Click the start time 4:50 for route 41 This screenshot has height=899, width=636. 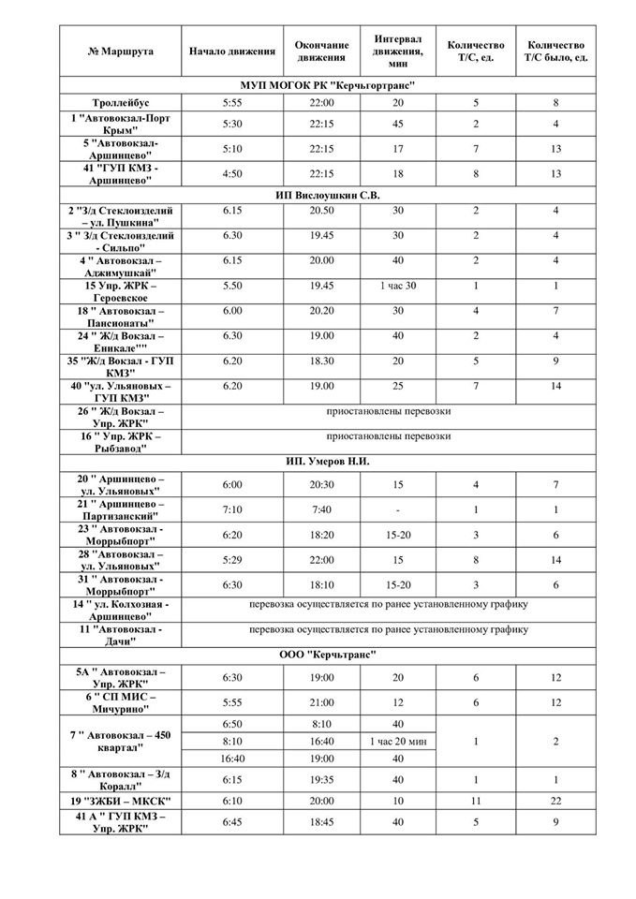coord(231,171)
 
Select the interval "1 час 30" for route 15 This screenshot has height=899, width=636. coord(398,286)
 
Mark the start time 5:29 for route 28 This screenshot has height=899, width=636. coord(231,559)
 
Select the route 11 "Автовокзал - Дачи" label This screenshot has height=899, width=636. coord(120,635)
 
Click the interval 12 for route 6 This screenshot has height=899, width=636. coord(398,701)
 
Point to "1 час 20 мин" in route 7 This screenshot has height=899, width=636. coord(398,741)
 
